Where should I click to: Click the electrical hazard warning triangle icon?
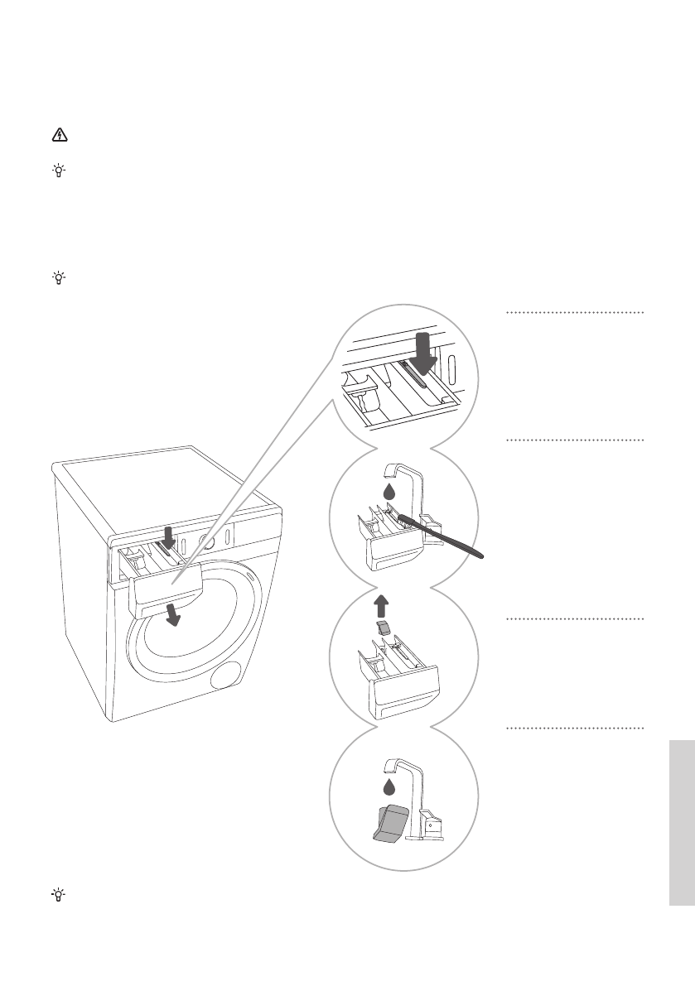coord(59,136)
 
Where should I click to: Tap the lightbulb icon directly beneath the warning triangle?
coord(59,171)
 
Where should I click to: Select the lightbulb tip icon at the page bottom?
coord(59,894)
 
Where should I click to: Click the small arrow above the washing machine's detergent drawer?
coord(168,537)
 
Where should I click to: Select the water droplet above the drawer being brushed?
coord(390,492)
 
